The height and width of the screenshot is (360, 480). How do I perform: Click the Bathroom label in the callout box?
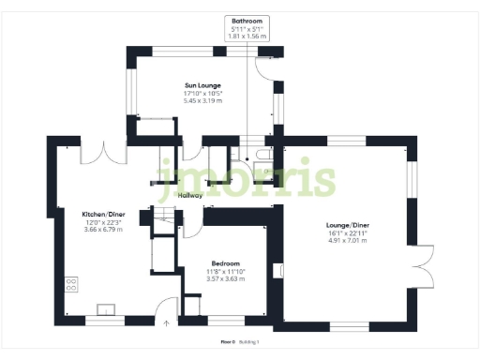click(x=248, y=20)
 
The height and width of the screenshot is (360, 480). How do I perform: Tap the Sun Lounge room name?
click(x=202, y=85)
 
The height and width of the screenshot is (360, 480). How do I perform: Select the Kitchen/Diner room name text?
click(x=97, y=214)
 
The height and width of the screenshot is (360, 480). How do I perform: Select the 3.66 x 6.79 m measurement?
click(x=97, y=229)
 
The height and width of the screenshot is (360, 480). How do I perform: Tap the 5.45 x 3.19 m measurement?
click(x=202, y=100)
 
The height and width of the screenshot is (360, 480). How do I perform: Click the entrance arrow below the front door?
click(x=167, y=322)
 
